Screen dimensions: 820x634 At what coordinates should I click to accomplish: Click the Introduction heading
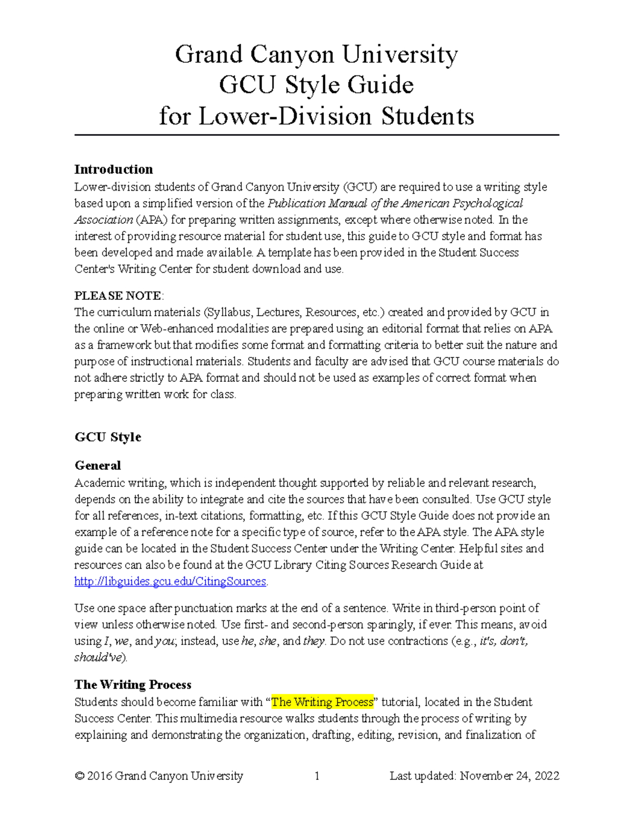[114, 169]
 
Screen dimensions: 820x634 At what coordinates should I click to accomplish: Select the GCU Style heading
[108, 437]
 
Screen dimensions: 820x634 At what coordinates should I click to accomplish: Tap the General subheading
[98, 466]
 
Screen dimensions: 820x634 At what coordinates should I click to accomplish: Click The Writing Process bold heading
[133, 685]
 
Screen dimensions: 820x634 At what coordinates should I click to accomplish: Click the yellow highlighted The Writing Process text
[322, 702]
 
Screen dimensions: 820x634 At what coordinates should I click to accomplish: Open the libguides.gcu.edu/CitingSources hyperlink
[170, 581]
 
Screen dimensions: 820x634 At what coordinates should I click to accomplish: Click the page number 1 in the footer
[317, 776]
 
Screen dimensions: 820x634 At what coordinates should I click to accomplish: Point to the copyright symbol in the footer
[79, 776]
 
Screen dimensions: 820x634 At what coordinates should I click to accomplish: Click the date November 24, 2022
[509, 776]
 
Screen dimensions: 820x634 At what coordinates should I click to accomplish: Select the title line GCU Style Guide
[316, 85]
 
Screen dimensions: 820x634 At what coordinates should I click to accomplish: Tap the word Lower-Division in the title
[285, 116]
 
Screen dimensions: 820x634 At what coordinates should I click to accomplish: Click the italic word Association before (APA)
[104, 220]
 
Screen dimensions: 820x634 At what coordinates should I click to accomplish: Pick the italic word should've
[99, 657]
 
